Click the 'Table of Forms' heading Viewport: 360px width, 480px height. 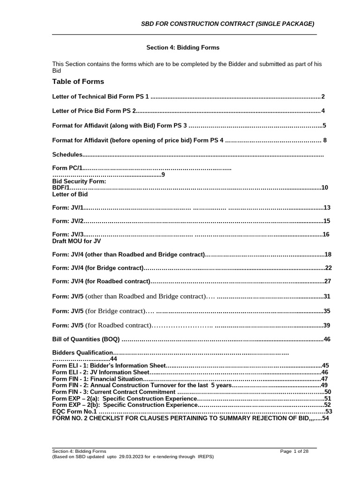click(78, 82)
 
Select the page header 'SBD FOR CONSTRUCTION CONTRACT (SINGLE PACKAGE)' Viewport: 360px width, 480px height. click(228, 24)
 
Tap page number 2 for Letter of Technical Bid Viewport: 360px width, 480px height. click(323, 97)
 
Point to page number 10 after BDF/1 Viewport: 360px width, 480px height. click(324, 187)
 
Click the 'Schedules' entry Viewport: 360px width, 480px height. click(67, 154)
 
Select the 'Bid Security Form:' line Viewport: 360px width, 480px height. click(79, 181)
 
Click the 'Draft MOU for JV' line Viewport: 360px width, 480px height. click(76, 241)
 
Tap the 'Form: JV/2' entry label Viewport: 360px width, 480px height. click(67, 221)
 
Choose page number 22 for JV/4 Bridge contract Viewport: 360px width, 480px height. click(328, 268)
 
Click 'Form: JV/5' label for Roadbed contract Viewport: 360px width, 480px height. click(67, 325)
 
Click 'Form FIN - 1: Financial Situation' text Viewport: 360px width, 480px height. click(97, 378)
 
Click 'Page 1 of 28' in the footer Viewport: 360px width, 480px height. click(298, 451)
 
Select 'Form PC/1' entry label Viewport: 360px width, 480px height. click(67, 167)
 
